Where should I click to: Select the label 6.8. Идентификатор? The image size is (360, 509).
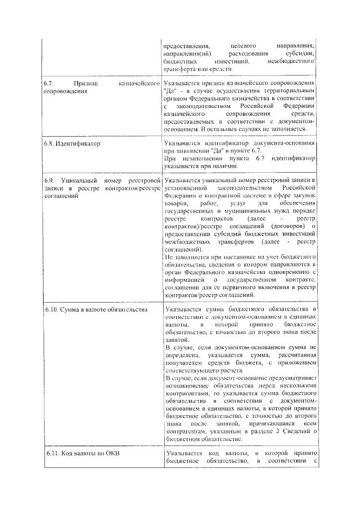click(71, 143)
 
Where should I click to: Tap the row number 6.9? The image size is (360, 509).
click(49, 179)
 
